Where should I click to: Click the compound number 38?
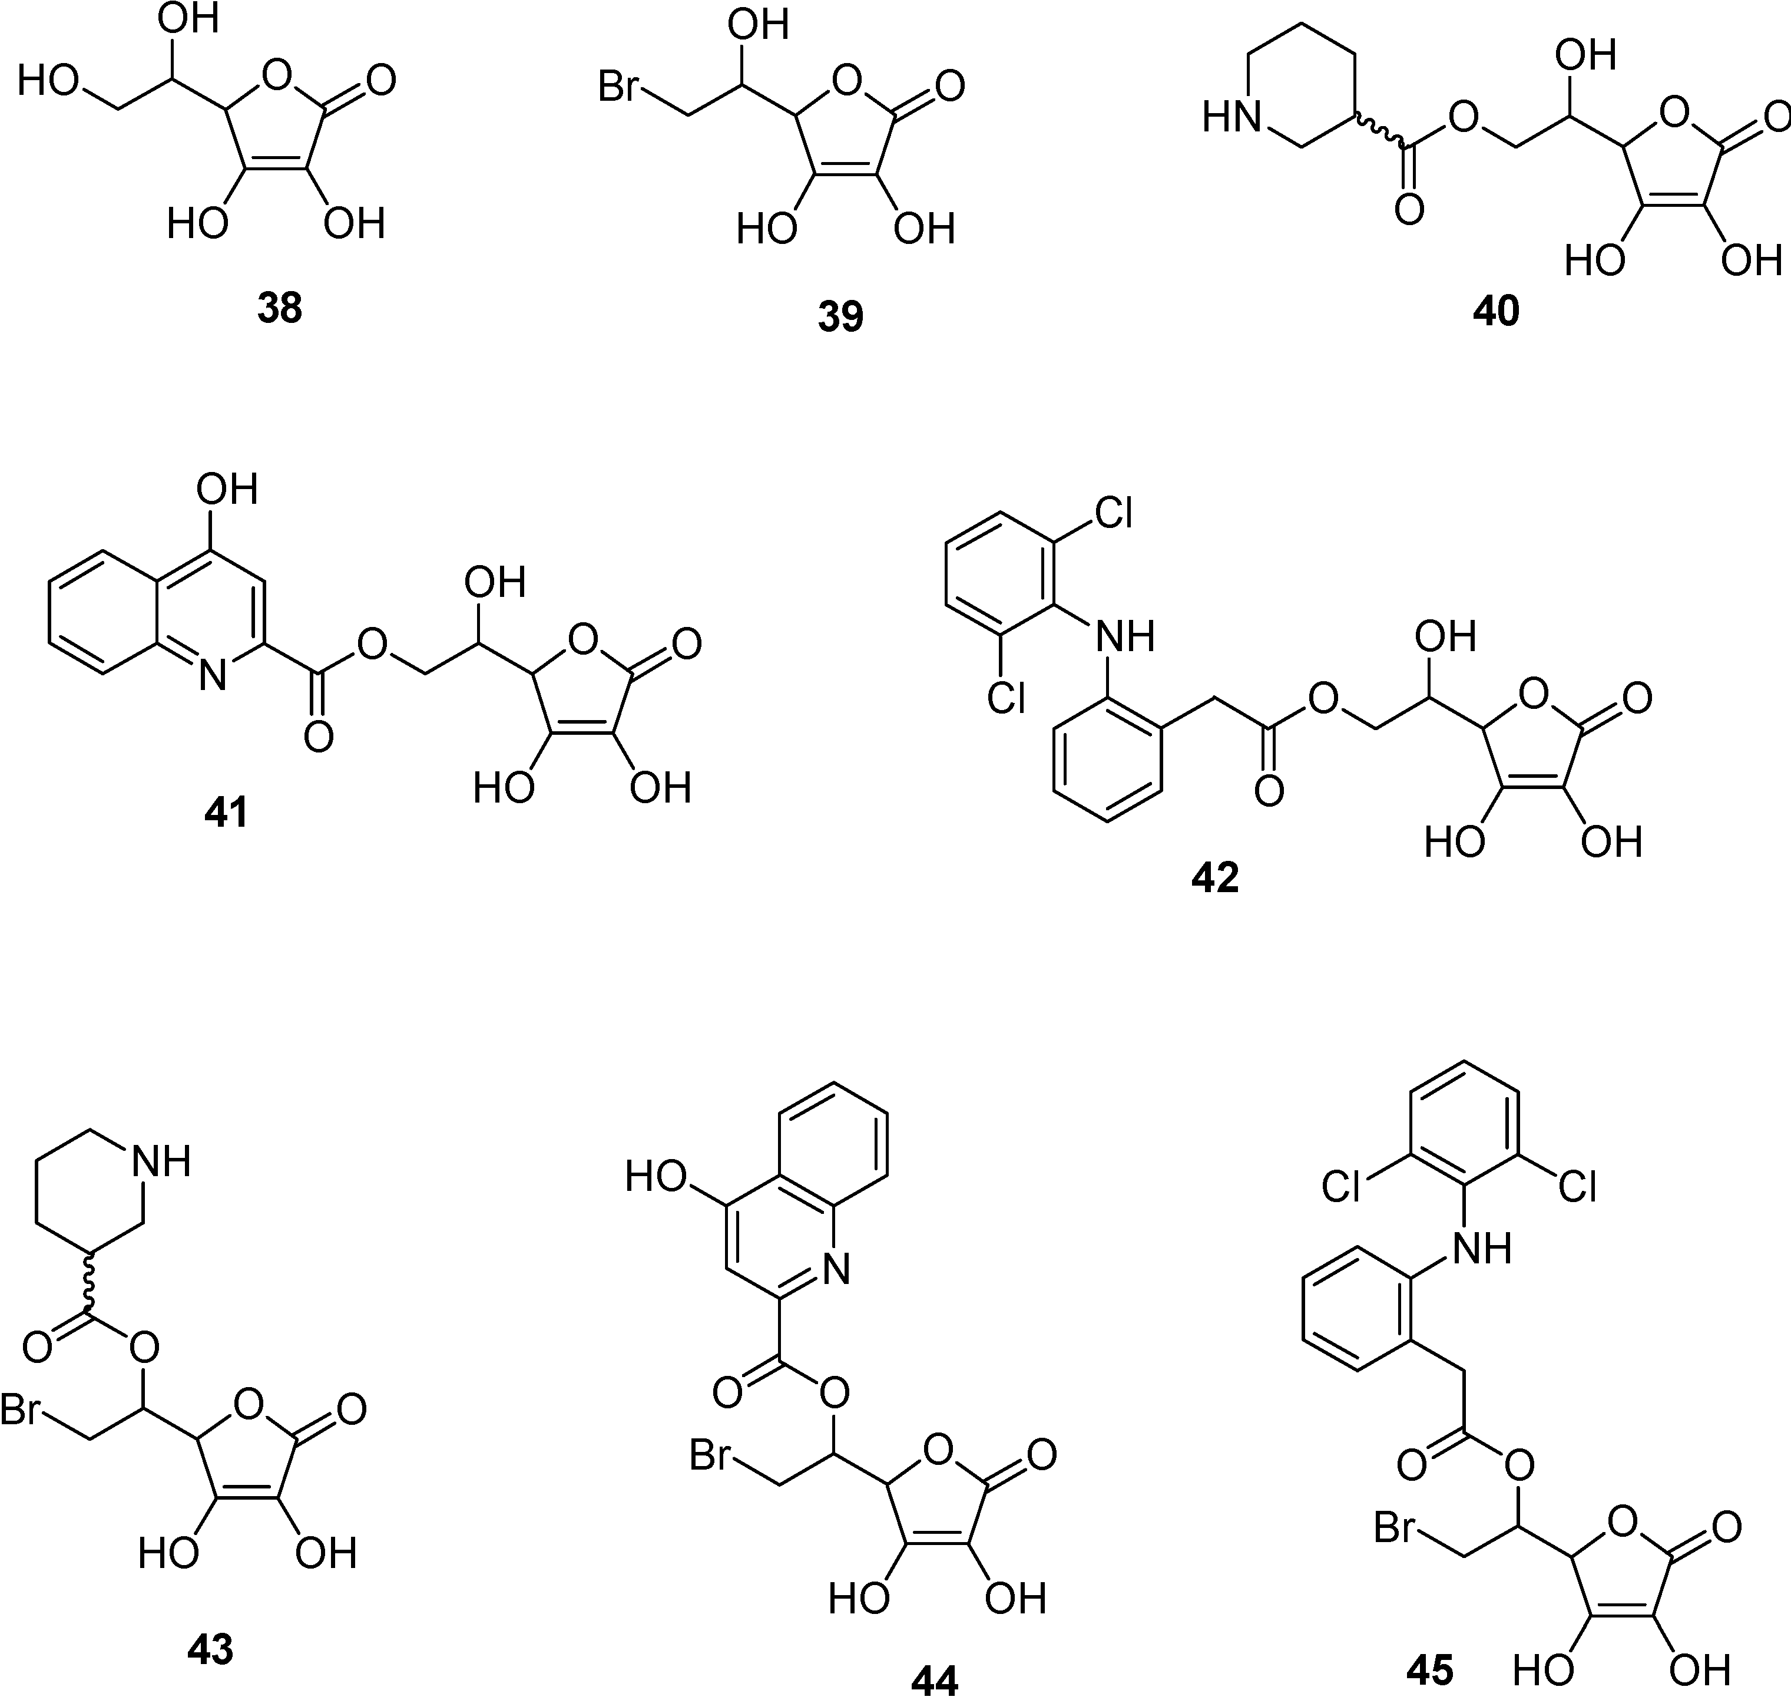pyautogui.click(x=279, y=309)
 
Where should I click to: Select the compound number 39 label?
pyautogui.click(x=840, y=316)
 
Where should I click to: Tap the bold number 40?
pyautogui.click(x=1496, y=311)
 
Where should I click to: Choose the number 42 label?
pyautogui.click(x=1215, y=877)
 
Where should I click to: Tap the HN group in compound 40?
pyautogui.click(x=1232, y=118)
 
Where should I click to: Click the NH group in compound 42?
pyautogui.click(x=1125, y=636)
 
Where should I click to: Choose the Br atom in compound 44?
pyautogui.click(x=710, y=1455)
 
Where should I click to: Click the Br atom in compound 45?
pyautogui.click(x=1395, y=1529)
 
